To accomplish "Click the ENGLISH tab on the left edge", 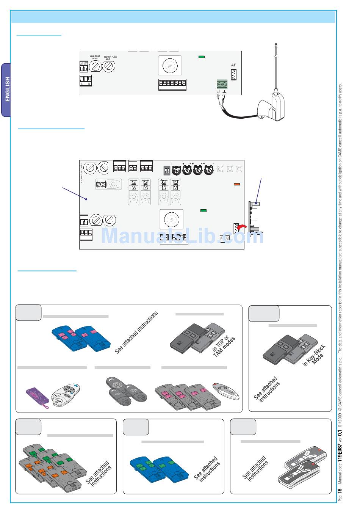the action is (x=7, y=89).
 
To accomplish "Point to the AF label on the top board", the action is (x=233, y=65).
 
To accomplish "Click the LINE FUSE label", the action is (x=95, y=57).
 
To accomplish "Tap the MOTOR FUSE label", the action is (x=110, y=57).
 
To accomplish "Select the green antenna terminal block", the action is (x=222, y=84).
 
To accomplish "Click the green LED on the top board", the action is (x=202, y=57).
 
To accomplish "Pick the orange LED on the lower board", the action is (x=237, y=184).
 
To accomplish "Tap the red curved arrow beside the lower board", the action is (x=241, y=227).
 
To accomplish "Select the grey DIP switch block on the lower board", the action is (x=167, y=170).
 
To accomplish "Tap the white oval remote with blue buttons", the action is (x=66, y=395).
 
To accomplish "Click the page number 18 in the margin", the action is (x=340, y=490).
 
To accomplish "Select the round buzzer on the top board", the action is (x=170, y=66).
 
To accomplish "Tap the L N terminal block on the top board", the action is (x=86, y=80).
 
